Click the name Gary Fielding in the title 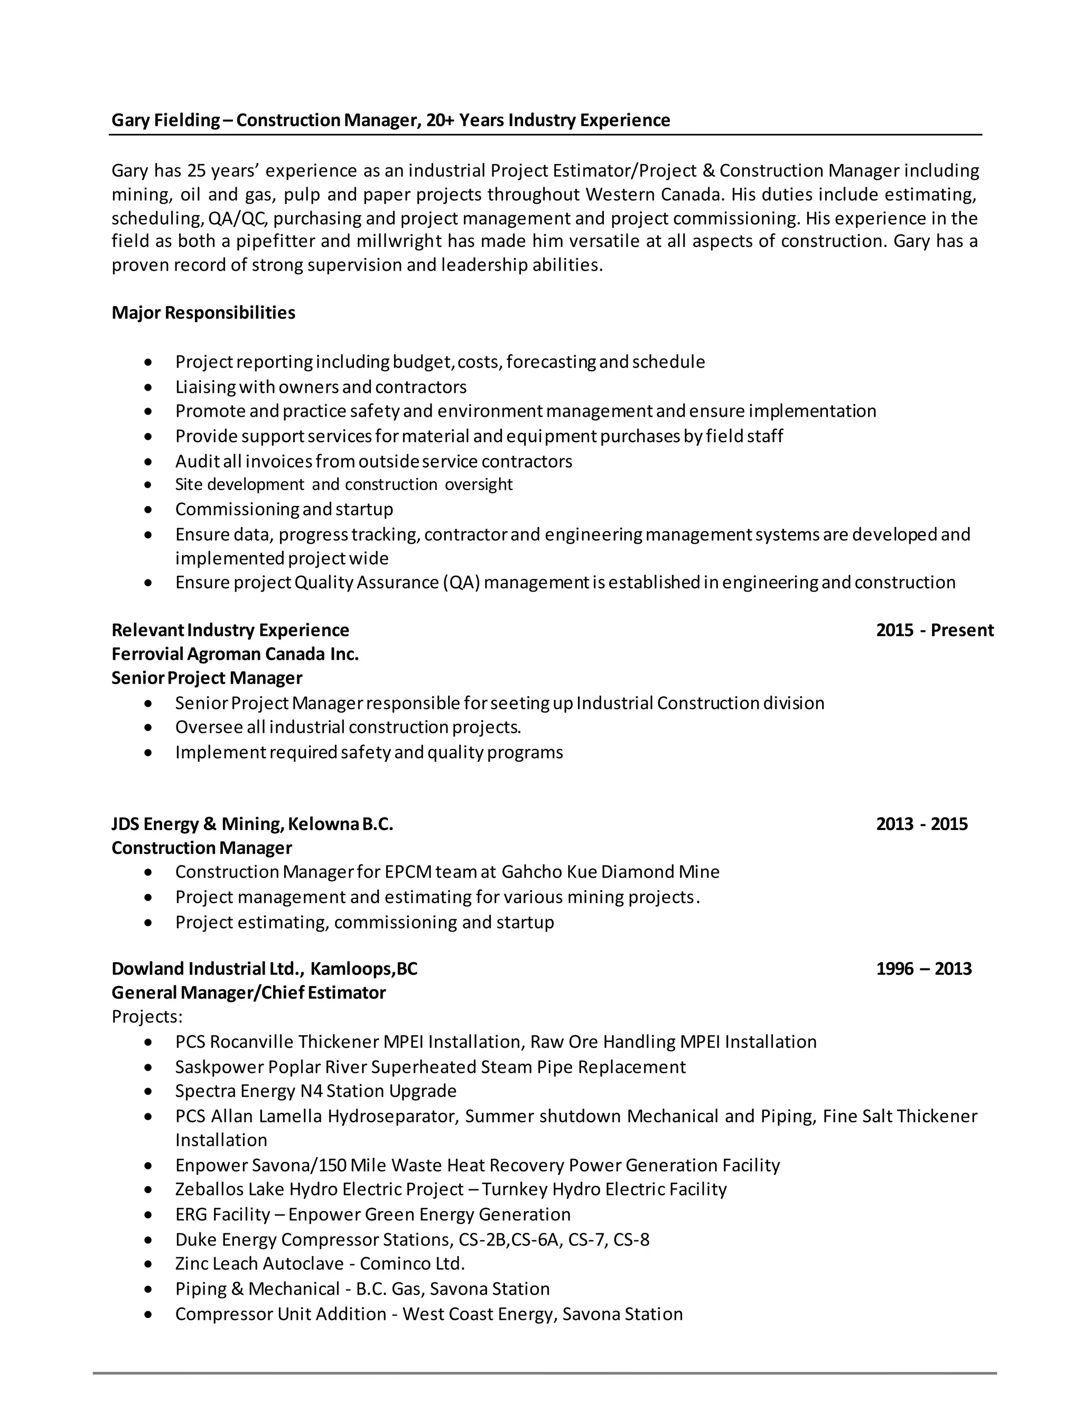(x=165, y=121)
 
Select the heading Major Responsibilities (x=203, y=313)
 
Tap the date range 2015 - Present (x=934, y=630)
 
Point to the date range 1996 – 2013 (x=923, y=969)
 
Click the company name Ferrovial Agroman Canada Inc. (x=235, y=655)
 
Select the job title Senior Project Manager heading (x=207, y=678)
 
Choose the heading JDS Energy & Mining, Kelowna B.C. (x=252, y=824)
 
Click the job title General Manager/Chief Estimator (x=248, y=993)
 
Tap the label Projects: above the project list (x=147, y=1017)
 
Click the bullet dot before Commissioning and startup (x=148, y=511)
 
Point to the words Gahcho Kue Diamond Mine (x=610, y=872)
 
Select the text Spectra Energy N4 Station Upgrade (x=315, y=1091)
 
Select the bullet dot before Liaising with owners (x=148, y=388)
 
